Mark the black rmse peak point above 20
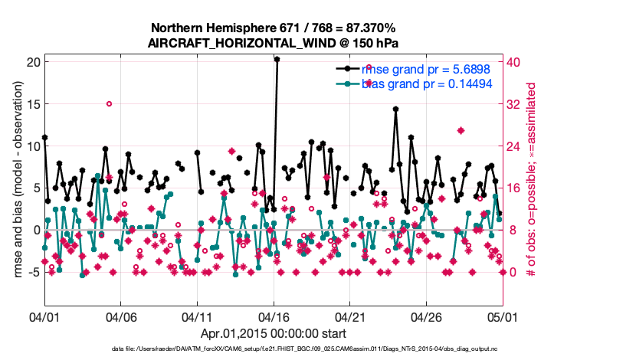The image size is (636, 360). (x=277, y=59)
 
